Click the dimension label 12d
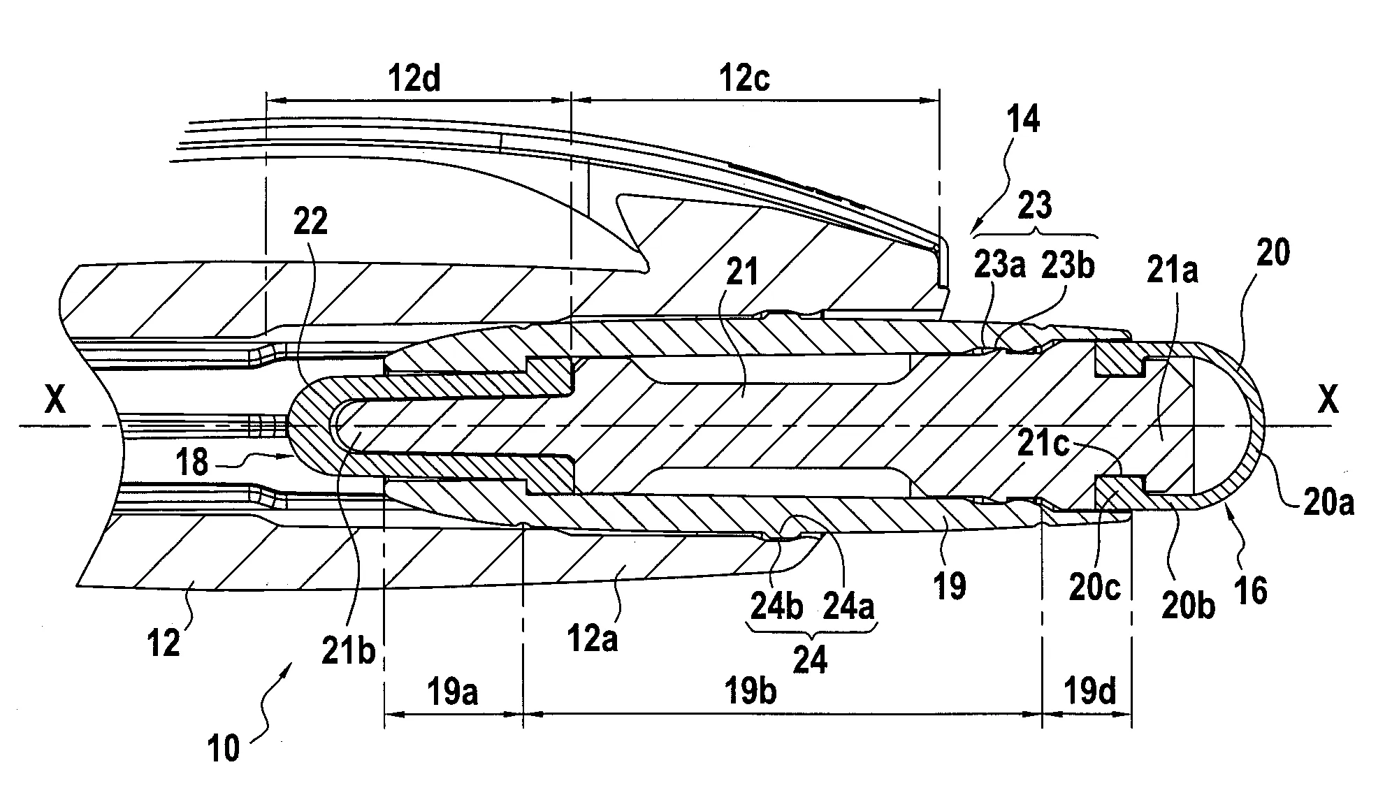pos(414,79)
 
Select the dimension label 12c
pos(744,79)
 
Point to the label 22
pos(310,222)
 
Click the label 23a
pos(999,266)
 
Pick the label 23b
pos(1067,266)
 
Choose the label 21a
pos(1173,270)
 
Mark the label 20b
pos(1188,605)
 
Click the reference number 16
pos(1250,590)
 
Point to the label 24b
pos(776,606)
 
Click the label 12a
pos(592,639)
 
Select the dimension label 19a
pos(453,693)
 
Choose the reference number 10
pos(224,748)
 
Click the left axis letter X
pos(55,401)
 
